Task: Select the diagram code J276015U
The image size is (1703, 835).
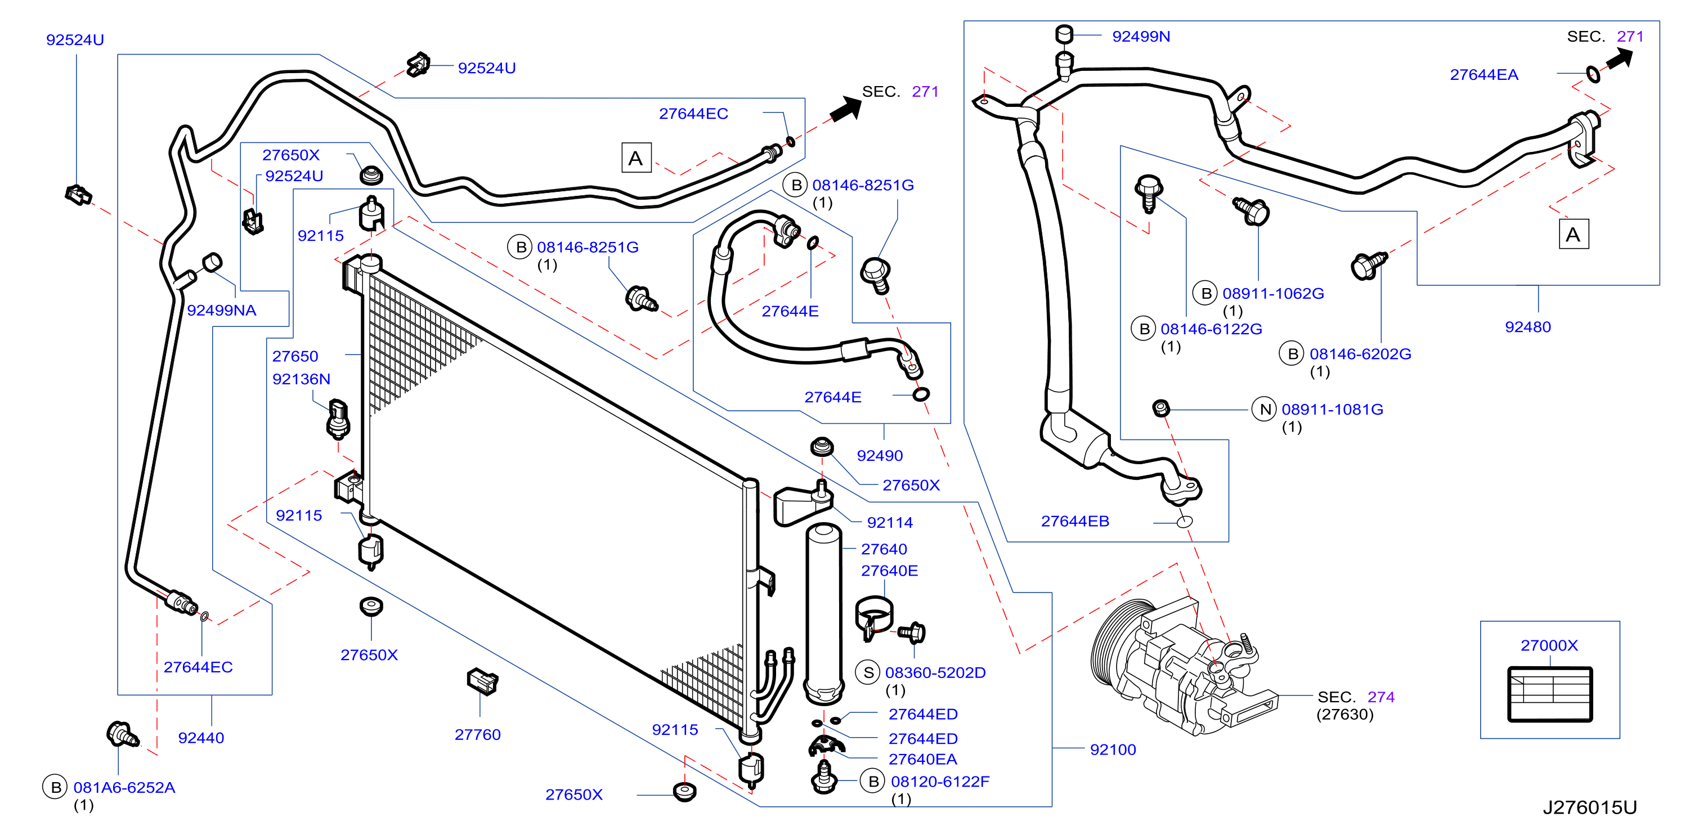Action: (x=1589, y=807)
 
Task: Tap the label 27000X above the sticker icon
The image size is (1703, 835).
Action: (x=1549, y=645)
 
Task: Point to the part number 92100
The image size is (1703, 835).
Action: (x=1113, y=749)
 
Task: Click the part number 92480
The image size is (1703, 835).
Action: (x=1527, y=326)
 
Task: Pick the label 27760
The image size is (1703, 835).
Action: (x=477, y=734)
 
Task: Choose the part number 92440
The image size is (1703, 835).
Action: (x=201, y=738)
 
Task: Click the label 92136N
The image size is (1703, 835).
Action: (x=302, y=379)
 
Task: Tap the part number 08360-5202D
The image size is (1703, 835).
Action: (x=935, y=672)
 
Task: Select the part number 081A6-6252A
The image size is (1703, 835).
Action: (x=124, y=787)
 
